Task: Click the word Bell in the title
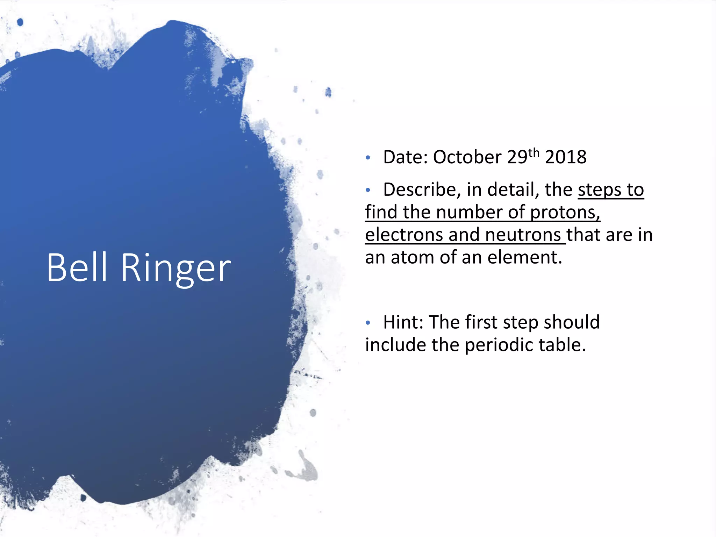[x=77, y=267]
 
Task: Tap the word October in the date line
[x=467, y=157]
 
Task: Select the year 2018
[x=566, y=157]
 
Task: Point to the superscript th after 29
[x=534, y=153]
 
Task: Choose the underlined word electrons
[x=404, y=235]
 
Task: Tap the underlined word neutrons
[x=523, y=235]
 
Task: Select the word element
[x=524, y=257]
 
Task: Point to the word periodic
[x=499, y=345]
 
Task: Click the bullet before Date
[x=368, y=158]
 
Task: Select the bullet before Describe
[x=368, y=191]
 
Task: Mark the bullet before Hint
[x=368, y=323]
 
